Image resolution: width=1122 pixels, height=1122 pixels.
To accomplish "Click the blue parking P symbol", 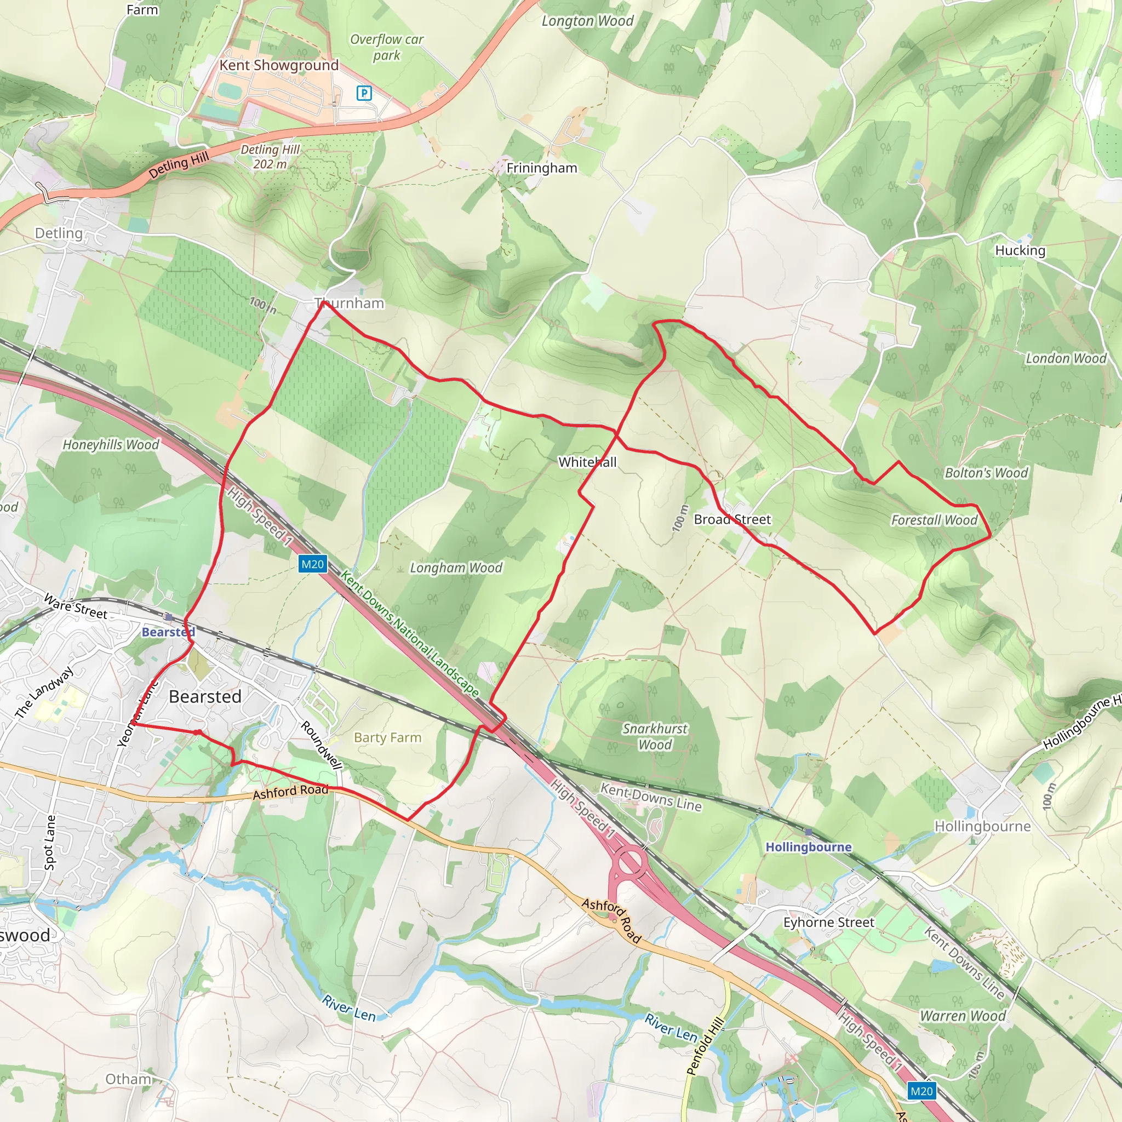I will pyautogui.click(x=364, y=93).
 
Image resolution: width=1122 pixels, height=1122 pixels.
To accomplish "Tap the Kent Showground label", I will pyautogui.click(x=279, y=65).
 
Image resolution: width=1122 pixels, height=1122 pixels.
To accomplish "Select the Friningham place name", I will pyautogui.click(x=541, y=168).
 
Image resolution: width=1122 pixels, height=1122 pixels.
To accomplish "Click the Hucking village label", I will pyautogui.click(x=1020, y=250).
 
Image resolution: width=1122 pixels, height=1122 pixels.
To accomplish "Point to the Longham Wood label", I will pyautogui.click(x=456, y=568).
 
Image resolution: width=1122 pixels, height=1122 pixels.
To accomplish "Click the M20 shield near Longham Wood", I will pyautogui.click(x=312, y=564).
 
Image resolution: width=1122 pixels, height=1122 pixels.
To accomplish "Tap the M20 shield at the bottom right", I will pyautogui.click(x=921, y=1091).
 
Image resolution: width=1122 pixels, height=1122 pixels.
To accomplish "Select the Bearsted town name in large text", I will pyautogui.click(x=205, y=696).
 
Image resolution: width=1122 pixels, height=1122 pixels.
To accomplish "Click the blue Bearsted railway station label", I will pyautogui.click(x=168, y=632).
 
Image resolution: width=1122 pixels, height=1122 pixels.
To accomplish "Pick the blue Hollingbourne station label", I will pyautogui.click(x=809, y=847).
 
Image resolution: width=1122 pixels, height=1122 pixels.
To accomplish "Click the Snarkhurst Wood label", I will pyautogui.click(x=655, y=736).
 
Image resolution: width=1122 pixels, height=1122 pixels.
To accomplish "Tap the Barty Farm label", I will pyautogui.click(x=387, y=737).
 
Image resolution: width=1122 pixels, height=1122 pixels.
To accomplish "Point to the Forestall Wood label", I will pyautogui.click(x=934, y=520).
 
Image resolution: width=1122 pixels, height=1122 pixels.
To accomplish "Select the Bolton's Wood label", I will pyautogui.click(x=986, y=473).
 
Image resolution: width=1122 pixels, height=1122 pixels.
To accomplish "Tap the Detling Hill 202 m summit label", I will pyautogui.click(x=270, y=157).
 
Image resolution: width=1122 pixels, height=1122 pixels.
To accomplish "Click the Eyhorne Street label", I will pyautogui.click(x=829, y=922).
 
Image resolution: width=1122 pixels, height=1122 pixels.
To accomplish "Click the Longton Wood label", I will pyautogui.click(x=587, y=21).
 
